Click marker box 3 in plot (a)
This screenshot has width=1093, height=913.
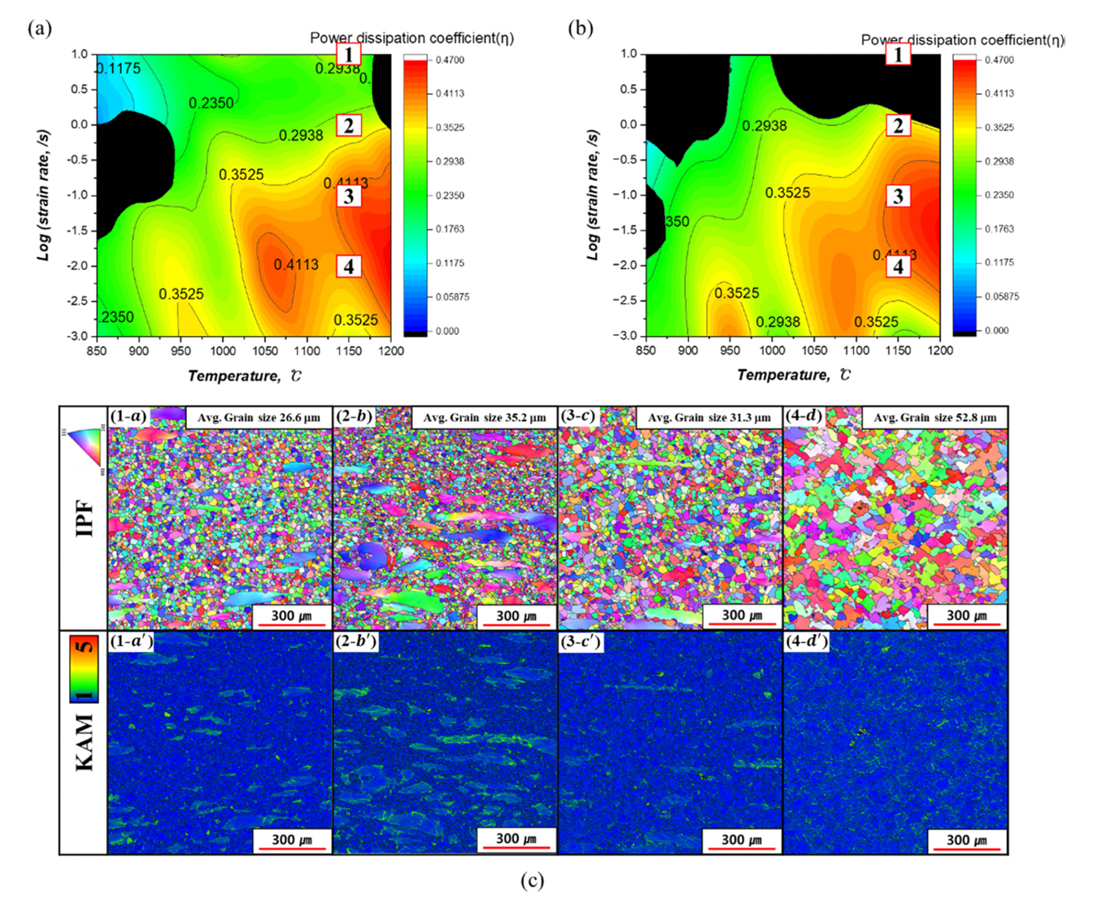pyautogui.click(x=349, y=196)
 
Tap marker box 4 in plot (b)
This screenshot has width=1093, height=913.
pyautogui.click(x=898, y=267)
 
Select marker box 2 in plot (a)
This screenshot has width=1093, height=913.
pyautogui.click(x=349, y=125)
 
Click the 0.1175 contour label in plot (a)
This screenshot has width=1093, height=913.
pyautogui.click(x=119, y=69)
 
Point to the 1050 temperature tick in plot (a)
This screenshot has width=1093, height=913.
pyautogui.click(x=265, y=351)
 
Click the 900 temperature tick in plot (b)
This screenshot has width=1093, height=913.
pyautogui.click(x=688, y=350)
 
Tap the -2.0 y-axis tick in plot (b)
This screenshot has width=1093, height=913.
pyautogui.click(x=626, y=265)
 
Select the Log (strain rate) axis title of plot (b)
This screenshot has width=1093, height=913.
pyautogui.click(x=593, y=196)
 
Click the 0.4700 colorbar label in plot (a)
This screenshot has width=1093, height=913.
pyautogui.click(x=451, y=60)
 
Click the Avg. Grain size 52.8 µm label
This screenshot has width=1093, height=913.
pyautogui.click(x=934, y=418)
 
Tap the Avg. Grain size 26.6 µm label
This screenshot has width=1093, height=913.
pyautogui.click(x=259, y=418)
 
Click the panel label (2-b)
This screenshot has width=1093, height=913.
pyautogui.click(x=354, y=416)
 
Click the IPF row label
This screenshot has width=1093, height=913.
pyautogui.click(x=85, y=519)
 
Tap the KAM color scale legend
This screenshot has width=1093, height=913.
pyautogui.click(x=85, y=669)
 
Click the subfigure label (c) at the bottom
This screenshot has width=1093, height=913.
pyautogui.click(x=532, y=880)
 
